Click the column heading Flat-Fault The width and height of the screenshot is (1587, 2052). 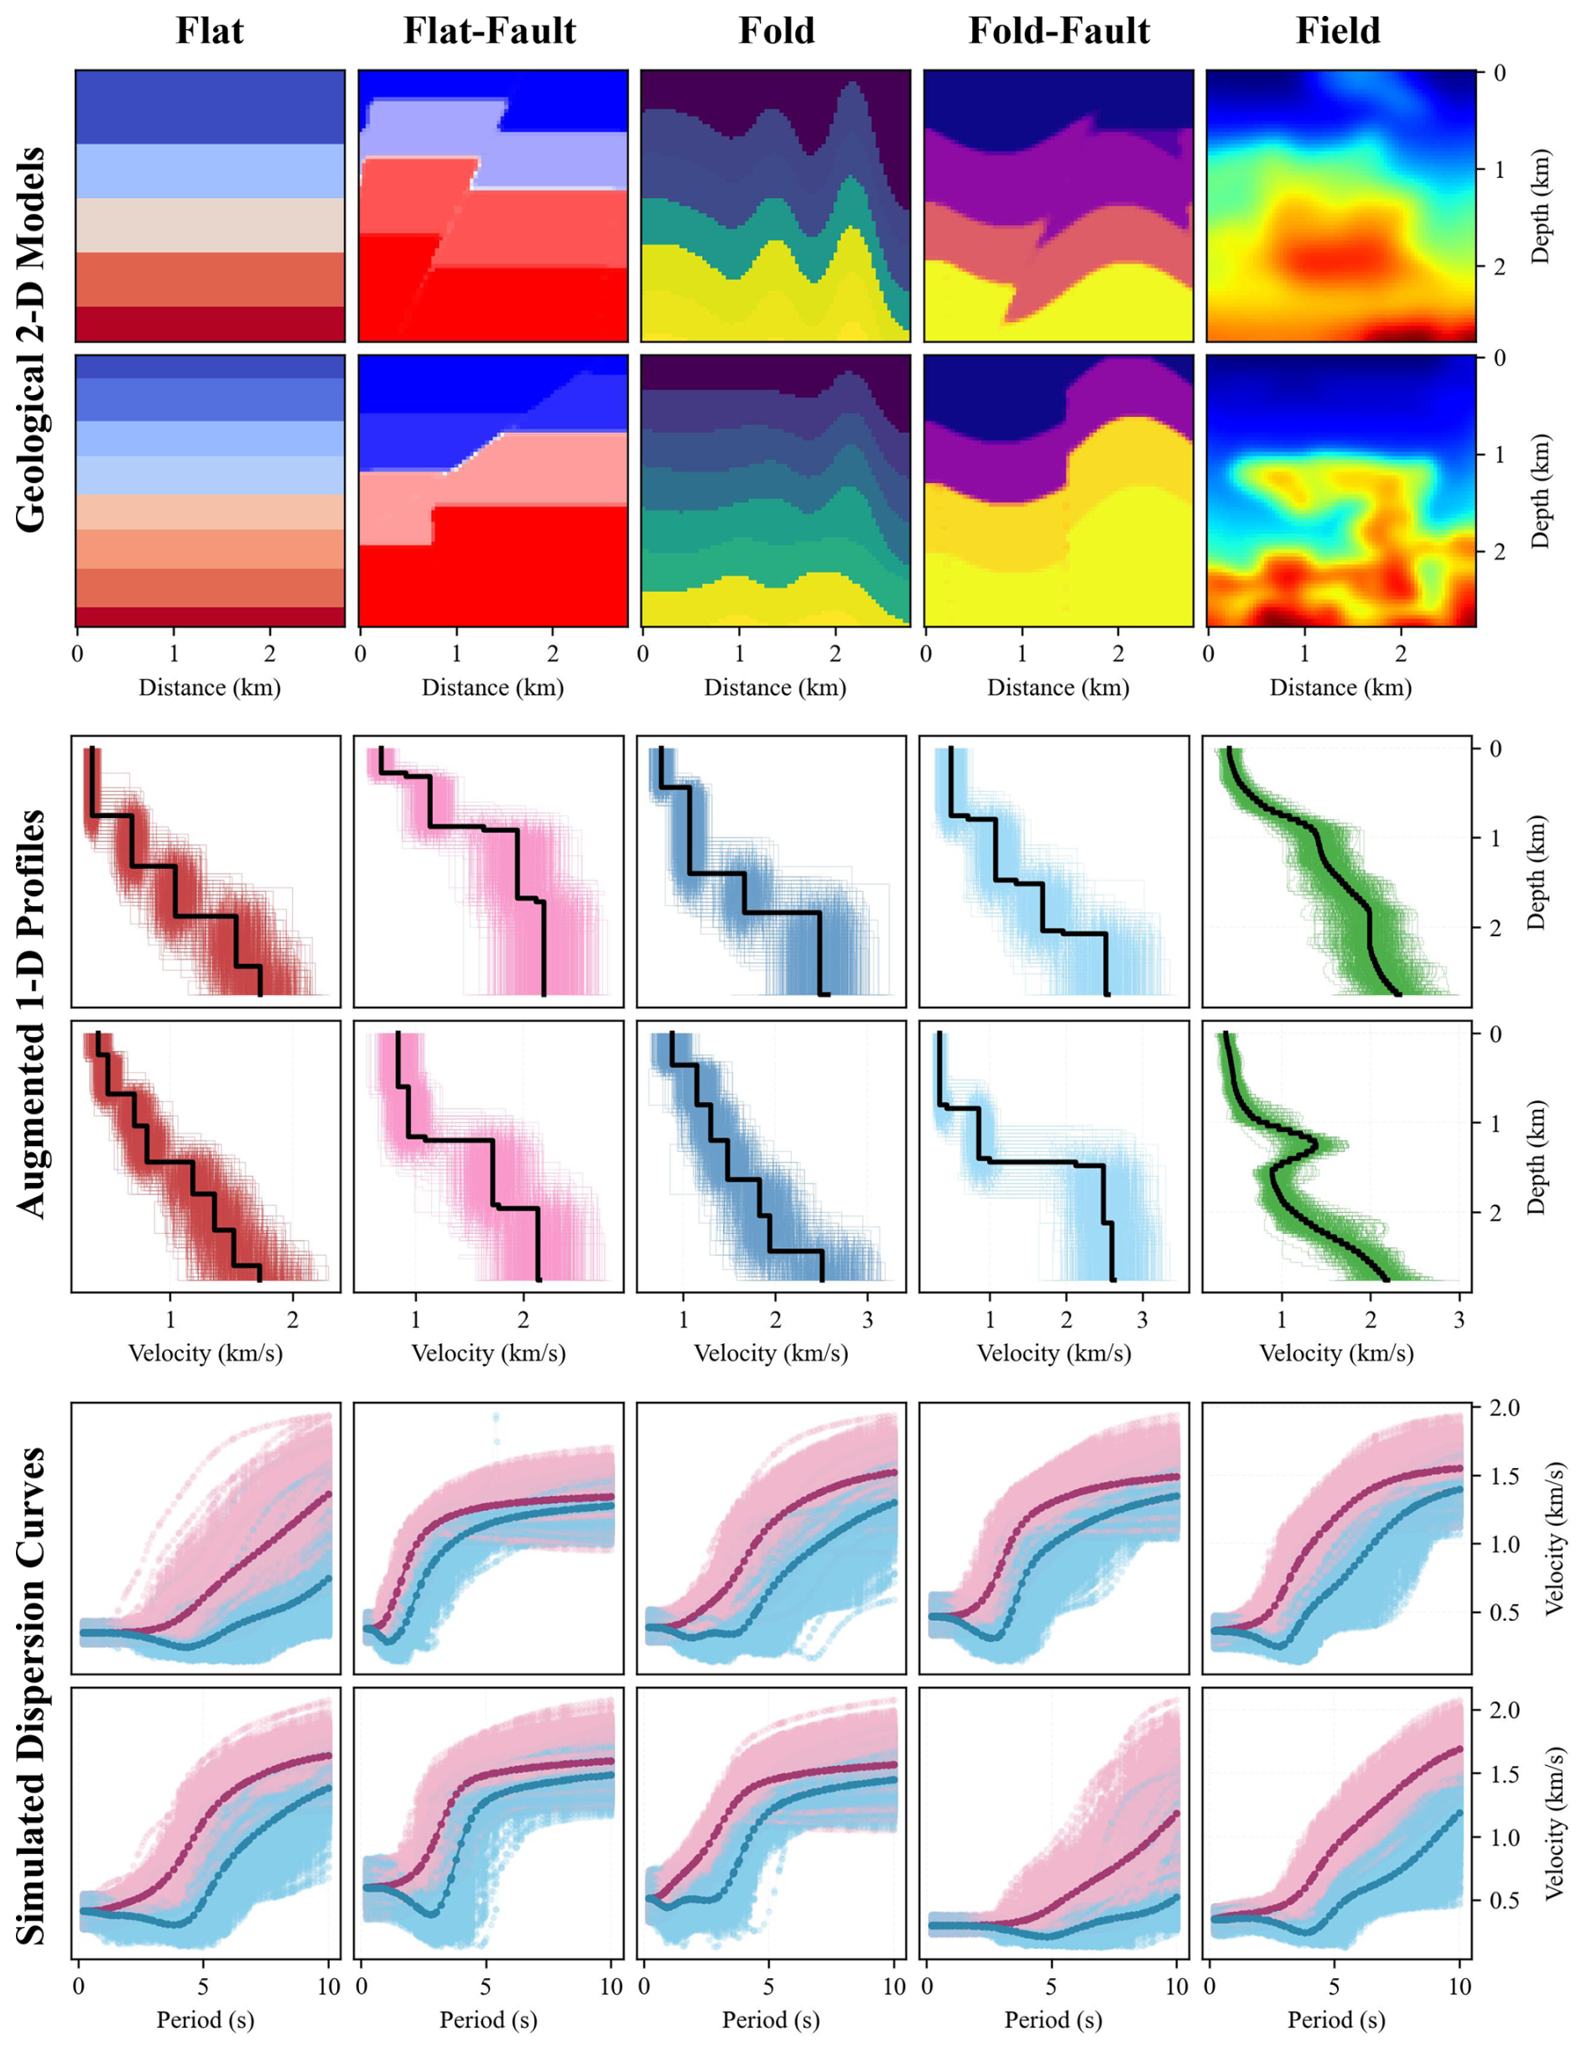click(x=490, y=31)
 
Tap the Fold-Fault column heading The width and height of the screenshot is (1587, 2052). click(x=1059, y=31)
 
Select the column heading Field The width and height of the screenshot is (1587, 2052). click(x=1338, y=31)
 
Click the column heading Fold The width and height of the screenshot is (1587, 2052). click(x=776, y=31)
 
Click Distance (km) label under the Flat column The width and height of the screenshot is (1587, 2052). click(x=210, y=687)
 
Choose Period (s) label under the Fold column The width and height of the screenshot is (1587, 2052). click(x=771, y=2019)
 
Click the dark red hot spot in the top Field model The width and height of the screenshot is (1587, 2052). click(x=1339, y=252)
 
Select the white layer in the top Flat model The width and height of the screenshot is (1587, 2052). click(x=210, y=225)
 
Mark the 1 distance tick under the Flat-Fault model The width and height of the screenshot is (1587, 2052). click(x=456, y=653)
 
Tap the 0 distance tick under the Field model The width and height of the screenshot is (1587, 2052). click(x=1209, y=653)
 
